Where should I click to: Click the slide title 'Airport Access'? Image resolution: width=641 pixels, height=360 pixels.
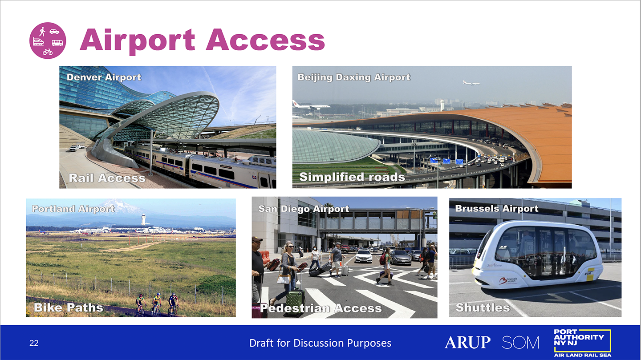click(202, 40)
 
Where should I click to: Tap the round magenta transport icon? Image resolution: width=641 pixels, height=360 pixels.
click(48, 40)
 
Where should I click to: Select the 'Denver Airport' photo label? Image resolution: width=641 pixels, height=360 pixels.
click(104, 77)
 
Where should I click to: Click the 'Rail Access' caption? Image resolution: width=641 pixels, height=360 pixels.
click(107, 178)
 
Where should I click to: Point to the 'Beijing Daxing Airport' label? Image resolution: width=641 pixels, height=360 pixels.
click(354, 77)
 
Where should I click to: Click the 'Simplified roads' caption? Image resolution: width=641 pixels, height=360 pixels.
click(352, 177)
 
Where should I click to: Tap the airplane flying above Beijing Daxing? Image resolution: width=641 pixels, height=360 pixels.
click(471, 83)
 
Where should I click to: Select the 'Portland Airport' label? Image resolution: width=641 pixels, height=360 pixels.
click(73, 209)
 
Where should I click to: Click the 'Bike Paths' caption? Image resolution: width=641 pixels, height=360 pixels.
click(69, 307)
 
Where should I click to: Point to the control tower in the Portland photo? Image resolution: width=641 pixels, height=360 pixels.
click(143, 219)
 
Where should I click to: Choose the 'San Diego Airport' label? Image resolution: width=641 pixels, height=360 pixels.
click(304, 209)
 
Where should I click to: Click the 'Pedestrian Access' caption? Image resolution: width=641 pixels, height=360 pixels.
click(321, 308)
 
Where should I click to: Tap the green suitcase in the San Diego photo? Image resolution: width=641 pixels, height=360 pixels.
click(295, 302)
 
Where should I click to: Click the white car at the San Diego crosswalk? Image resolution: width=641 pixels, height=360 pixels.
click(364, 256)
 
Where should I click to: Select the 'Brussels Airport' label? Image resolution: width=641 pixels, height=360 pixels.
click(497, 209)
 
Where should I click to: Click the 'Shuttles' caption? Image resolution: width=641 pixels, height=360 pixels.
click(483, 307)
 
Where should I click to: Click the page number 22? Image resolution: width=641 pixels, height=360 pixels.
click(34, 343)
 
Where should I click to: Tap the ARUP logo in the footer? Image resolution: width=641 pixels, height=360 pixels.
click(467, 342)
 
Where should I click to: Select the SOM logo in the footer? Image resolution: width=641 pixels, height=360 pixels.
click(520, 343)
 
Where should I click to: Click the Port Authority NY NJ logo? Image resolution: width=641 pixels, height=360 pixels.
click(582, 343)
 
